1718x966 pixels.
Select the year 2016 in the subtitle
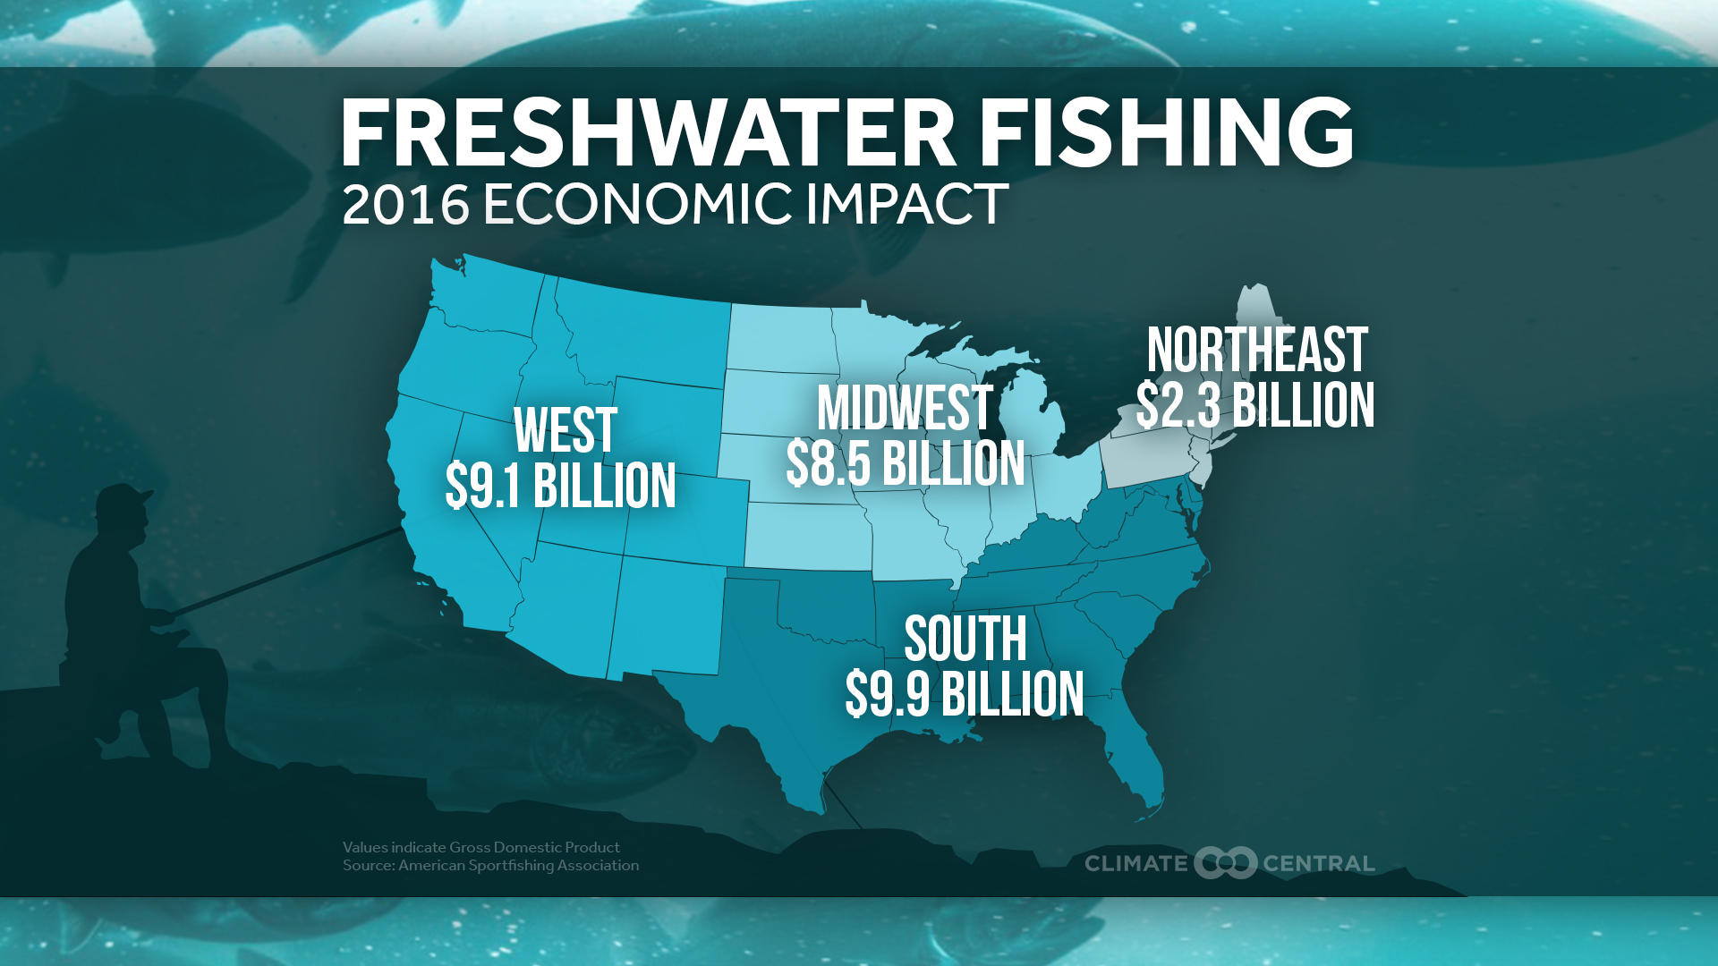point(405,205)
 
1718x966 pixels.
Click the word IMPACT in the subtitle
point(907,205)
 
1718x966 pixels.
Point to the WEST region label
point(566,431)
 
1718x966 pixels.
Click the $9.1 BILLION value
point(561,487)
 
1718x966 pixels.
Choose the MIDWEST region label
point(905,409)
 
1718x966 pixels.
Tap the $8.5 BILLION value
point(906,464)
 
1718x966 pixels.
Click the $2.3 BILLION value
point(1255,406)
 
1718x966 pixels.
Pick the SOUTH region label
point(965,640)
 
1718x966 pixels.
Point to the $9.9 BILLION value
point(965,695)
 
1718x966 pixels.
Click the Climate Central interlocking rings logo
point(1226,863)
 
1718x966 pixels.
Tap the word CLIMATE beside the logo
point(1135,864)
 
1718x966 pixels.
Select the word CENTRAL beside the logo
point(1318,864)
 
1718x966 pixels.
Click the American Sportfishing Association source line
point(490,866)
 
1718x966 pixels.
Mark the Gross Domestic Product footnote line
point(481,847)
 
